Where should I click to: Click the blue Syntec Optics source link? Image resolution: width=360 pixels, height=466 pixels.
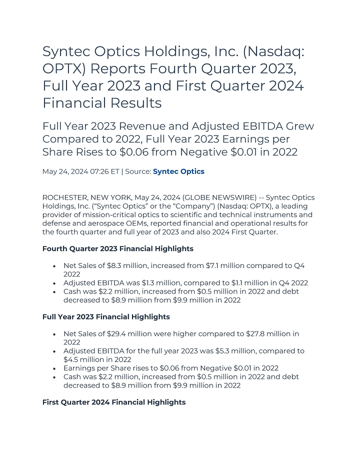point(178,171)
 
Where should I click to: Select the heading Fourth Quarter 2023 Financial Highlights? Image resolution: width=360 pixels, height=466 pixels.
point(118,248)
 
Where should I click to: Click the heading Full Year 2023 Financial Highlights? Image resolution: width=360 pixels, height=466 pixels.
point(106,317)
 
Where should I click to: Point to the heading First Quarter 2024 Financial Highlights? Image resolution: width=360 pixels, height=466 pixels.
point(114,402)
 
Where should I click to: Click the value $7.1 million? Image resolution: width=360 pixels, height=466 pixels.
point(205,265)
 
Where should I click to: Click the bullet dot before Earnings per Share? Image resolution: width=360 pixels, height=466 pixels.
point(53,368)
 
